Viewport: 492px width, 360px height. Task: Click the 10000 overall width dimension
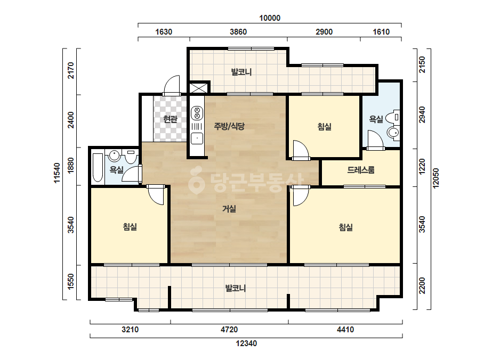(270, 18)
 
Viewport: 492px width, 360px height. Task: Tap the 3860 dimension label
(238, 31)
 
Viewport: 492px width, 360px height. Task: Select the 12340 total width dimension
(246, 343)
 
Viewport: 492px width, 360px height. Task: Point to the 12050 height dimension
(436, 178)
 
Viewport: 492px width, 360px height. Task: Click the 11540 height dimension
(57, 173)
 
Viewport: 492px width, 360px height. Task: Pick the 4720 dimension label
(229, 330)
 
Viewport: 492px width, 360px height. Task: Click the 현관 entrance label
(171, 119)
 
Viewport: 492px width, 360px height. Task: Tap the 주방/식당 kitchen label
(229, 126)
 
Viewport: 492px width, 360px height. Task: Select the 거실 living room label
(229, 209)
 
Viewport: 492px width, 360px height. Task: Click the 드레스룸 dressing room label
(361, 170)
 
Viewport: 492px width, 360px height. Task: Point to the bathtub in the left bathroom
(98, 167)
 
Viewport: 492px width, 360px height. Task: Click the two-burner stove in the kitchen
(197, 113)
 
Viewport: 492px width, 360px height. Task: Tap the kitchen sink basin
(197, 138)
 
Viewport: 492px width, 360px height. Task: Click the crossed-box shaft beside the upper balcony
(199, 87)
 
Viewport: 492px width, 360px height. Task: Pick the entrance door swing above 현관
(172, 85)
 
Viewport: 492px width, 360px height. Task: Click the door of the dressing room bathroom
(376, 140)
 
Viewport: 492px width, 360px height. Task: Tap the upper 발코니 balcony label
(241, 72)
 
